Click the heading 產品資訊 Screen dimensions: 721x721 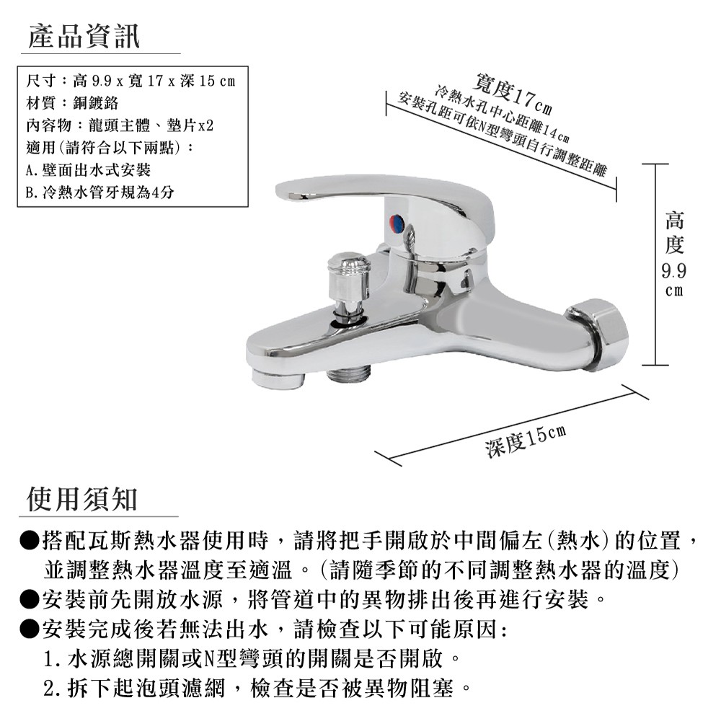click(x=84, y=36)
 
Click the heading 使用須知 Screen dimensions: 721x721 click(x=82, y=499)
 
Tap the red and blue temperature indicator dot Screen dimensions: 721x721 click(x=397, y=223)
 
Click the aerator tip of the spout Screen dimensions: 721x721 click(x=278, y=377)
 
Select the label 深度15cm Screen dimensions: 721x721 click(x=526, y=441)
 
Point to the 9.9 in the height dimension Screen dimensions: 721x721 click(x=673, y=271)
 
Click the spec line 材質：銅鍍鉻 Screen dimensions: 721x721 click(x=72, y=103)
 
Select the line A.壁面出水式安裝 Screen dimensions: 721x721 click(x=88, y=170)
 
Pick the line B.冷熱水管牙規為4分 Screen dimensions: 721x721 click(x=99, y=193)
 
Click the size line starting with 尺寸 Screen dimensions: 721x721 click(x=131, y=81)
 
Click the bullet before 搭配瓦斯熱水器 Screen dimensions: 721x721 click(x=29, y=540)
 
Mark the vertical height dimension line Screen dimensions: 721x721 click(x=655, y=265)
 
